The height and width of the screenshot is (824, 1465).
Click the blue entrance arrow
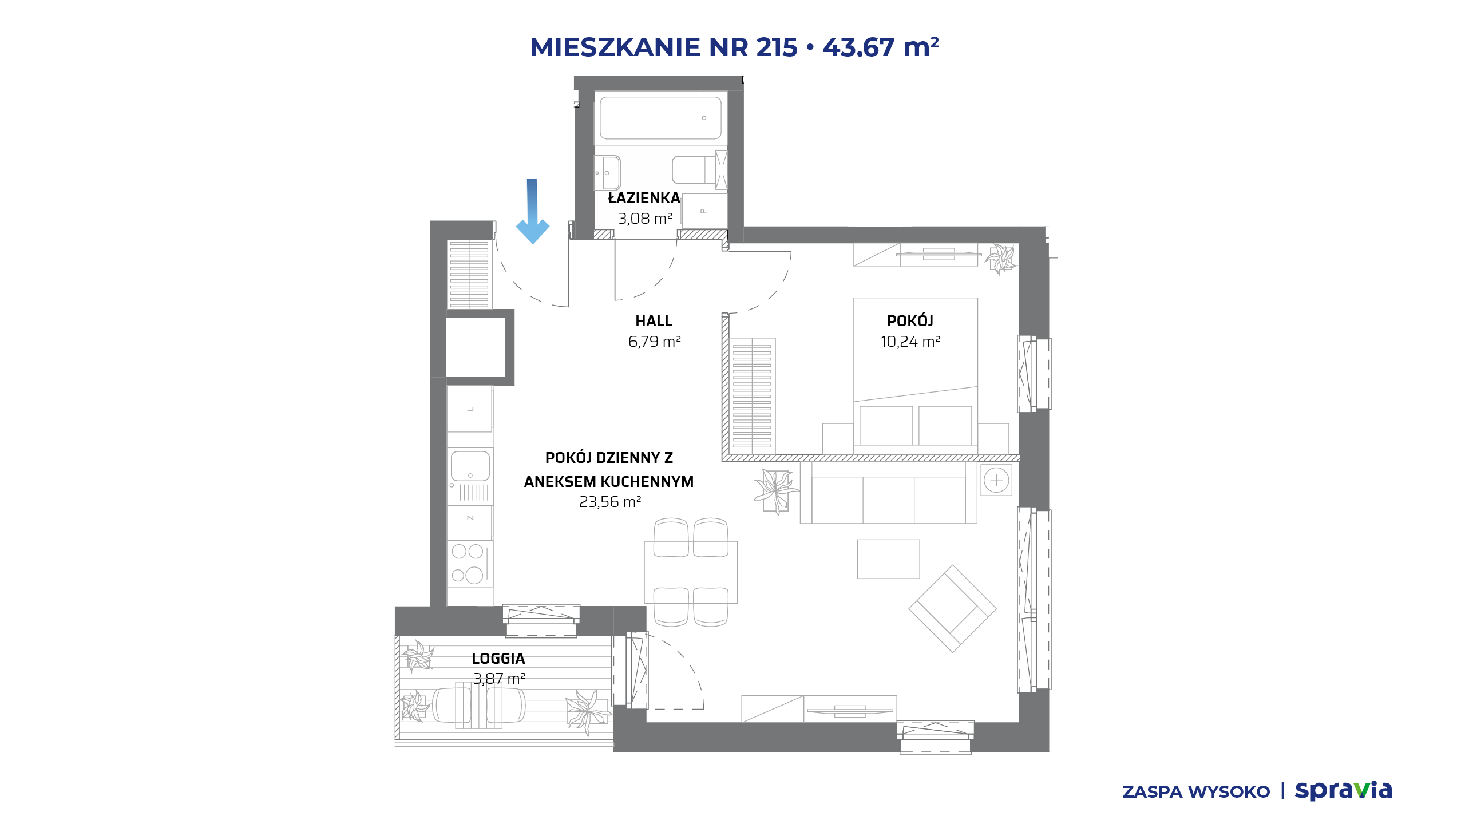point(532,211)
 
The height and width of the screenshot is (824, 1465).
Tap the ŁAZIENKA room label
point(644,198)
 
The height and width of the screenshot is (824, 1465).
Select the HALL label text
point(654,321)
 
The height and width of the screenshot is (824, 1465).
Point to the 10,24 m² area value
point(910,342)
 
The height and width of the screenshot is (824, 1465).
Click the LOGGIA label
point(498,659)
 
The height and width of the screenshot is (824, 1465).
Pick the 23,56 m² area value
point(609,502)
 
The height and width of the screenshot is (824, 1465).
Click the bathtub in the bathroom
point(660,118)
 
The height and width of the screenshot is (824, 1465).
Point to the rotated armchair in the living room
point(952,608)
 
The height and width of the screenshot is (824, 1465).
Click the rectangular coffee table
point(888,559)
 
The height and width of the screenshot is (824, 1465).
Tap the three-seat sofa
point(888,493)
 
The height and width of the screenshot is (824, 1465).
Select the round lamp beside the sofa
point(996,480)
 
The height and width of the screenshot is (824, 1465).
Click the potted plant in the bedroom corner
point(1001,259)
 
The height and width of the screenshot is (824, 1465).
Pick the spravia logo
point(1343,790)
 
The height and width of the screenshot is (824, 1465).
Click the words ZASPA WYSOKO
point(1196,792)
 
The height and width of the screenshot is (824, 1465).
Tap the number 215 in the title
point(777,47)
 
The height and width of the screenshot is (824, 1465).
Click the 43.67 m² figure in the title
point(881,47)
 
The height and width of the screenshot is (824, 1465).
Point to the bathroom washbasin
point(608,172)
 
